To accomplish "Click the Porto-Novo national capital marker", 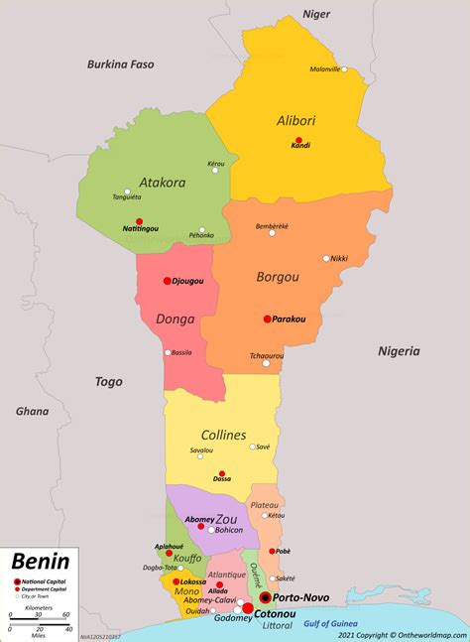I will tap(266, 597).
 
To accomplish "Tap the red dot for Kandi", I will tap(298, 141).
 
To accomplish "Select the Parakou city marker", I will tap(267, 319).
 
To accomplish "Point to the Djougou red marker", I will tap(168, 281).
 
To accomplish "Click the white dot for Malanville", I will tap(344, 69).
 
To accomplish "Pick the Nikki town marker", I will tap(325, 258).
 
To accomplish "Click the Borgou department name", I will tap(279, 277).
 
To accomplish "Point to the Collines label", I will tap(224, 435).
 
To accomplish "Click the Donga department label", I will tap(176, 320).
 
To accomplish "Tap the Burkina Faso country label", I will tap(121, 65).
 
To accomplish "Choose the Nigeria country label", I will tap(399, 350).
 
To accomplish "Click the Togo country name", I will tap(108, 381).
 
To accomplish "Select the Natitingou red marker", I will tap(139, 221).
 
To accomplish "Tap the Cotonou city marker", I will tap(248, 608).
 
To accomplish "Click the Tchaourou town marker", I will tap(266, 363).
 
